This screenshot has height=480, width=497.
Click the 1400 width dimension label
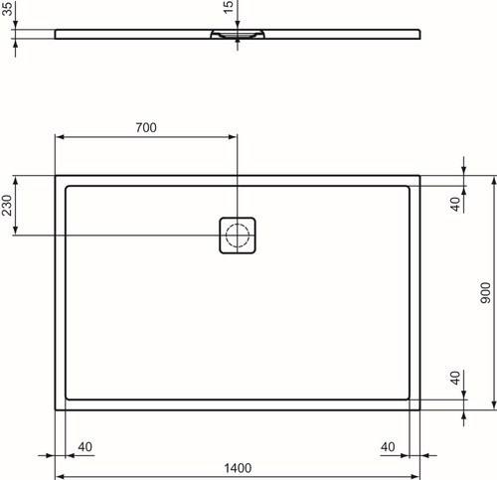[238, 468]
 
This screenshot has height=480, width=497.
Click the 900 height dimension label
[485, 293]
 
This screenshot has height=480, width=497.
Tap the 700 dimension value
[146, 127]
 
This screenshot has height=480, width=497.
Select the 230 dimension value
[7, 205]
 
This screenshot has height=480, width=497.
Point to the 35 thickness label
[7, 9]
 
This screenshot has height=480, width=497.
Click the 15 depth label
[229, 7]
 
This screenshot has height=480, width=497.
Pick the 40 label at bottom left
[85, 447]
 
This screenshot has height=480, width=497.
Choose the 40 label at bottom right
[388, 447]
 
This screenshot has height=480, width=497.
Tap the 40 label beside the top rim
[456, 204]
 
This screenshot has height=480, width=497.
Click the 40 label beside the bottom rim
[455, 378]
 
